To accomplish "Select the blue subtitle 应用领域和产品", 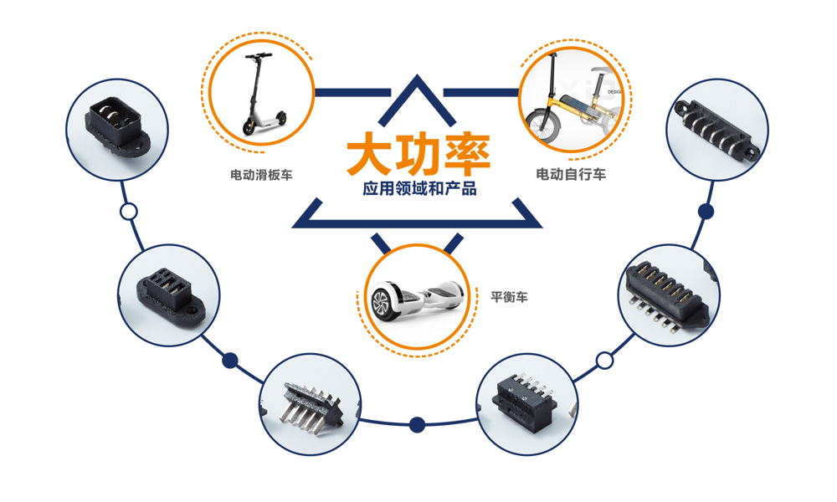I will coord(419,189).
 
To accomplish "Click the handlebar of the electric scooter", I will coord(258,56).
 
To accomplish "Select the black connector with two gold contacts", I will coord(108,129).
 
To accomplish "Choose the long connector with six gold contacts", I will coord(666,294).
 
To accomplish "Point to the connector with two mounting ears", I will coord(716,129).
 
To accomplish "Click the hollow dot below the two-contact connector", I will coord(128,211).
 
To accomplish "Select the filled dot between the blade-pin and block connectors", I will coord(417,424).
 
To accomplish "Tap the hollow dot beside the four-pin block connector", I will coord(603,361).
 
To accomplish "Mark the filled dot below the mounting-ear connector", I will coord(706,212).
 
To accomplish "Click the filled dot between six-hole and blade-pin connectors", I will coord(230,361).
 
